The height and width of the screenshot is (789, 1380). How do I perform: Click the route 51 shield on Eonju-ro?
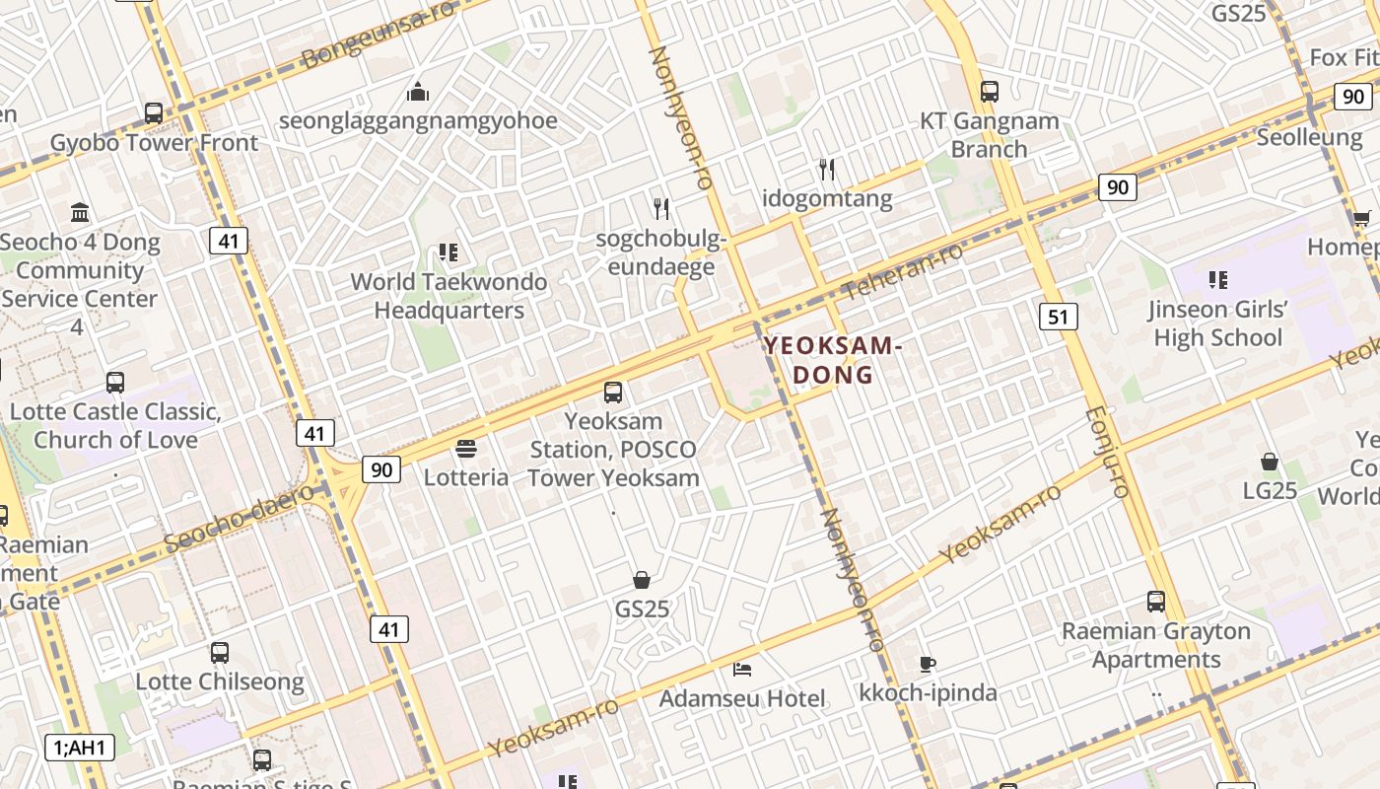[x=1058, y=317]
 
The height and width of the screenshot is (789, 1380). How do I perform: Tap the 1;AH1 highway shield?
[x=80, y=748]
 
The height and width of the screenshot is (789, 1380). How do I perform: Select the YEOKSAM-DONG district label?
[x=833, y=360]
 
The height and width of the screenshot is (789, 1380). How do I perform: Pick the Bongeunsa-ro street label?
[x=380, y=35]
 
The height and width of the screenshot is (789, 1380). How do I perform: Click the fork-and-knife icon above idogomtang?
[x=827, y=170]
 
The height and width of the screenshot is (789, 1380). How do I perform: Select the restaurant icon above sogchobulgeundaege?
[x=661, y=208]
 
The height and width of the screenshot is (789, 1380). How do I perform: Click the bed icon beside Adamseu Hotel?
[x=742, y=670]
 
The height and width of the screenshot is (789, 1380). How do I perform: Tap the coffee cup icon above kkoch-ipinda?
[x=927, y=664]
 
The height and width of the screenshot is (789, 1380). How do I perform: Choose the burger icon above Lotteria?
[x=466, y=449]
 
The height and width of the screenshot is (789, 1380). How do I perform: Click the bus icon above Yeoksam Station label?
[x=613, y=392]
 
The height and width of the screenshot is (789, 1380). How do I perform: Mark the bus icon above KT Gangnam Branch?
[x=989, y=92]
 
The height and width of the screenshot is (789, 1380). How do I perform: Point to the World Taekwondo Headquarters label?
[x=448, y=296]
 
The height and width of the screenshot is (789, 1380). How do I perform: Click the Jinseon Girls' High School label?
[x=1217, y=323]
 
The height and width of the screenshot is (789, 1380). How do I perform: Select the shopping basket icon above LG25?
[x=1270, y=462]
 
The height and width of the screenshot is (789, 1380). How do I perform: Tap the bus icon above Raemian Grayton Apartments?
[x=1155, y=601]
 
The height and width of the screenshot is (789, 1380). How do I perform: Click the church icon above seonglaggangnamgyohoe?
[x=418, y=92]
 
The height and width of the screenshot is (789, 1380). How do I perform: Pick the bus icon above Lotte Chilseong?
[x=219, y=652]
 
